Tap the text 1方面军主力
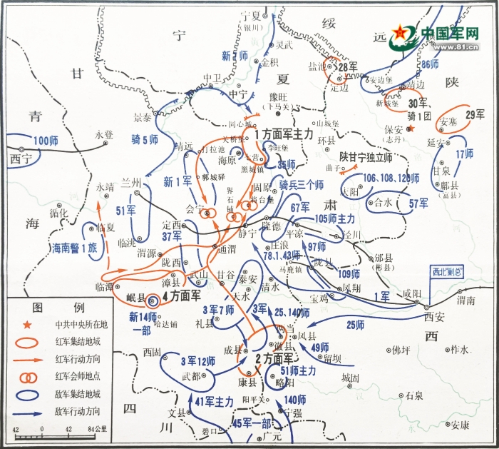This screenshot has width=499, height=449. [x=283, y=134]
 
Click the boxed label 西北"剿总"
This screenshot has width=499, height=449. [x=447, y=271]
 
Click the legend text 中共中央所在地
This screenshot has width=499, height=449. [x=80, y=326]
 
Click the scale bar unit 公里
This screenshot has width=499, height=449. [x=100, y=429]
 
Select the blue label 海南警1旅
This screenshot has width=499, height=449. [x=73, y=248]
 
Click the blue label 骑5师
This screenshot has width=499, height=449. [x=145, y=140]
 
